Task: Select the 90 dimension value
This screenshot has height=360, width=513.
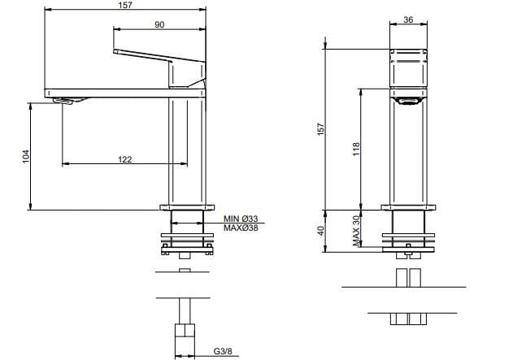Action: (x=159, y=25)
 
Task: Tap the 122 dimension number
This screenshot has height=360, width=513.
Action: (x=124, y=159)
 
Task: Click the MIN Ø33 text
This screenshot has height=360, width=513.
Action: (x=241, y=219)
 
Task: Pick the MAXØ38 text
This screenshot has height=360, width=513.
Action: (x=241, y=228)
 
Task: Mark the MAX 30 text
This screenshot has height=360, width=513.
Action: (x=356, y=230)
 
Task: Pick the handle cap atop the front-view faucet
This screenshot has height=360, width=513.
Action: (x=409, y=54)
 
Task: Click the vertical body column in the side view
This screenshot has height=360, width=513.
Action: (x=185, y=150)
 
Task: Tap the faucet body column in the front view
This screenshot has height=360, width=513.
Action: (x=409, y=154)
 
